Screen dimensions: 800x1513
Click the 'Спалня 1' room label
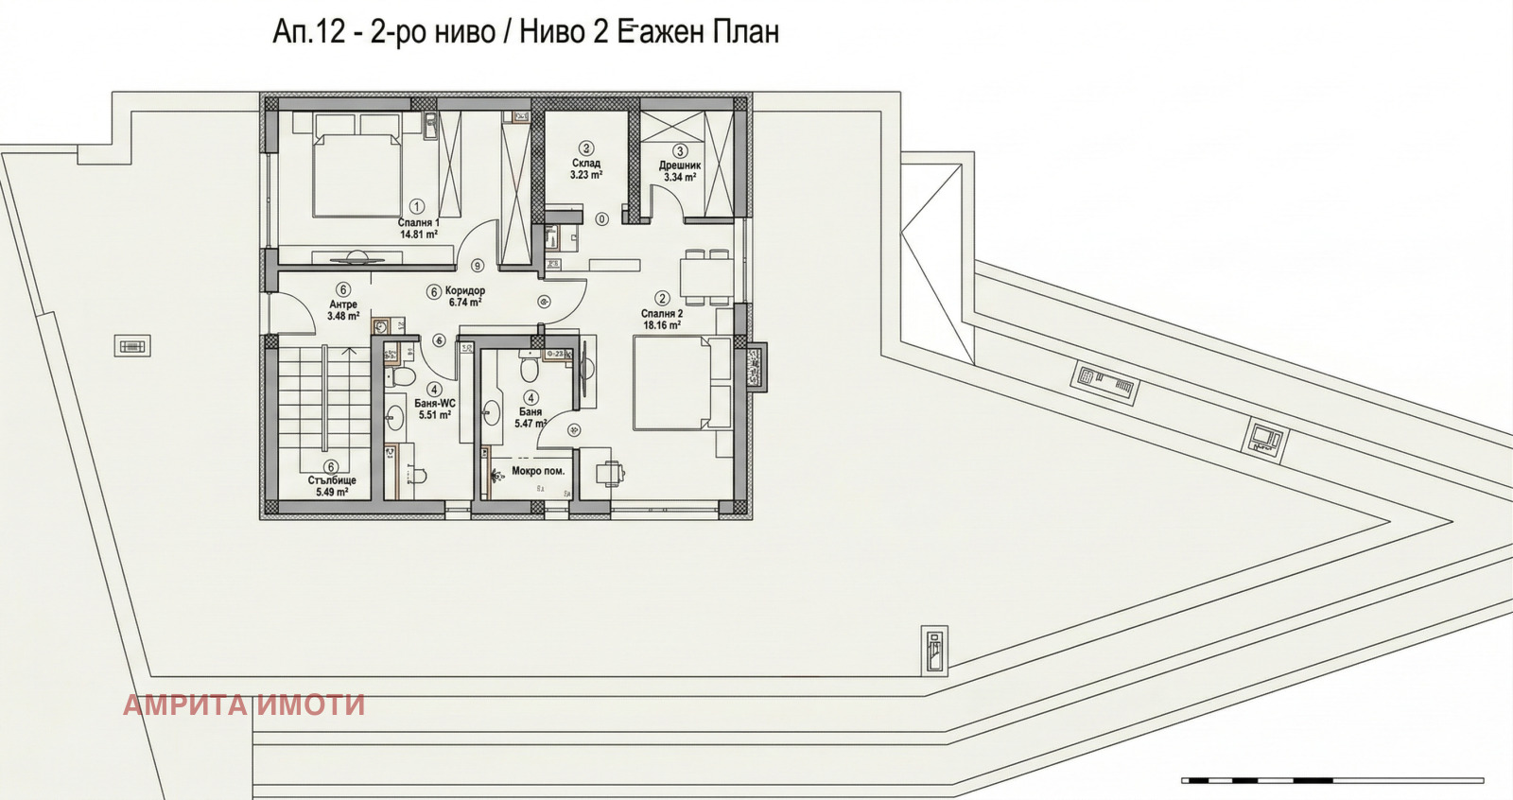418,223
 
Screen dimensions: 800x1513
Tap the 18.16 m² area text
662,325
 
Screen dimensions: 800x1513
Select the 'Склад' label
586,164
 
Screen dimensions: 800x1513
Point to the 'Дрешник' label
680,165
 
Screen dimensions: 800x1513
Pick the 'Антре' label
343,304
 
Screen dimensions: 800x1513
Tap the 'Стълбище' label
332,480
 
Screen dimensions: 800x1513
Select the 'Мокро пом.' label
538,471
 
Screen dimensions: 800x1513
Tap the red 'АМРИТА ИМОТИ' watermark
244,704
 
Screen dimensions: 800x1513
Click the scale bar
1332,780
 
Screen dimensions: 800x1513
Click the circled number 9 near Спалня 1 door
478,266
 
